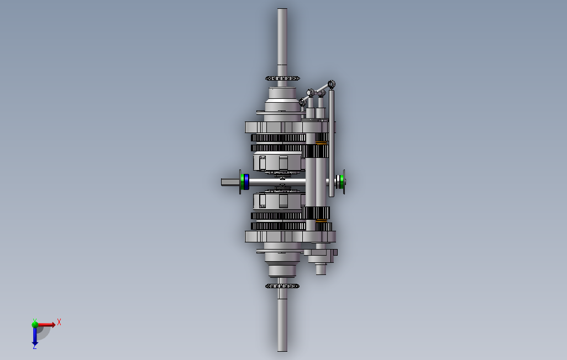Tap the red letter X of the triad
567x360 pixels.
pos(59,322)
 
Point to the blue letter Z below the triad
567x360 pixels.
pos(34,347)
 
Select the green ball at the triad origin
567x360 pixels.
pos(35,324)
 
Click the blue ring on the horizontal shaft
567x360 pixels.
pos(246,182)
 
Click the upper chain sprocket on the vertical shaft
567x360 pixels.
pos(282,78)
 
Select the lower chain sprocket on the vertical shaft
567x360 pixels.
pos(282,286)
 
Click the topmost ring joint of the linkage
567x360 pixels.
pos(332,84)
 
